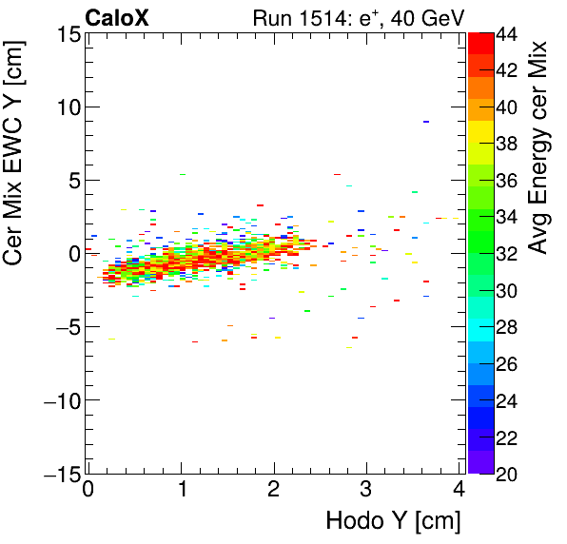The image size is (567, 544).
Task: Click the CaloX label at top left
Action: click(117, 16)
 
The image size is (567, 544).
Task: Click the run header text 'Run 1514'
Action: click(296, 16)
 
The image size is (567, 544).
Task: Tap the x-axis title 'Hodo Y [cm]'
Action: click(393, 520)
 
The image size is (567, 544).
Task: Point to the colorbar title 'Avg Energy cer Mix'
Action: click(538, 147)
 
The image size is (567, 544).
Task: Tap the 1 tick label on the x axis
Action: click(182, 491)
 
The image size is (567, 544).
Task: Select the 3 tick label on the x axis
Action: click(367, 491)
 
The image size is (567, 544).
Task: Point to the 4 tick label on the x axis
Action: click(459, 491)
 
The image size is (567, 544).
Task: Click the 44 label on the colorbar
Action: click(509, 34)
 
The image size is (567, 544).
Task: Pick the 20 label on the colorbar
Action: click(509, 473)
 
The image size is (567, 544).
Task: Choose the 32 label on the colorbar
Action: click(509, 254)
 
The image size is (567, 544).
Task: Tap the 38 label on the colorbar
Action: click(509, 144)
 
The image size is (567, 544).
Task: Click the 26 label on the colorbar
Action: click(509, 363)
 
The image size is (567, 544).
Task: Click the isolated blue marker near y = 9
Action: click(426, 122)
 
